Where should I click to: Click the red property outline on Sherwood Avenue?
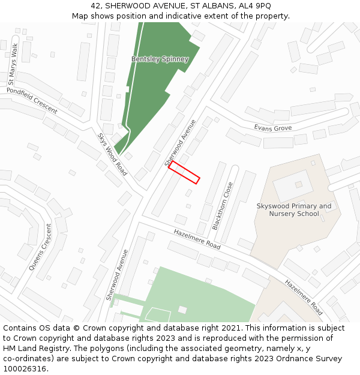(184, 172)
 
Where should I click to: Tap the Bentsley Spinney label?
(160, 59)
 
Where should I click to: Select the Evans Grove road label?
(272, 128)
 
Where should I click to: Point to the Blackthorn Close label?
(222, 206)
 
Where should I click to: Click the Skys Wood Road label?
(112, 154)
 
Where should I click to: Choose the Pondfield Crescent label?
(32, 100)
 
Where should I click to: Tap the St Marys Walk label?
(13, 63)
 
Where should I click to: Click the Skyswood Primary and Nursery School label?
(294, 210)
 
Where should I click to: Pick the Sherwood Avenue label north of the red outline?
(181, 143)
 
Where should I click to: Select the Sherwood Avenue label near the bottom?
(118, 275)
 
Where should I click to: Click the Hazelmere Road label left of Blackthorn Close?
(197, 239)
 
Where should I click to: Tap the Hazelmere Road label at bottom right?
(304, 298)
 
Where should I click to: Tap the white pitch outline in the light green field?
(158, 314)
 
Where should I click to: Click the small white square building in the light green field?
(182, 310)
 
